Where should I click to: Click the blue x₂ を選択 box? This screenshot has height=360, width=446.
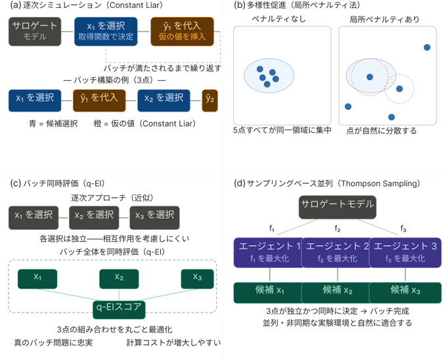point(164,99)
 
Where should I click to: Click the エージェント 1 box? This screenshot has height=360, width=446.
point(267,252)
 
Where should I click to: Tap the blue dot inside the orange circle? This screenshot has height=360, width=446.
point(398,89)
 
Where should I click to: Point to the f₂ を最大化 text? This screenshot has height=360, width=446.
point(335,259)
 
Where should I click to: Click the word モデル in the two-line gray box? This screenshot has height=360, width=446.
point(35,37)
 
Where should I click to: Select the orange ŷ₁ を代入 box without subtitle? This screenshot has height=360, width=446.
point(99,99)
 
